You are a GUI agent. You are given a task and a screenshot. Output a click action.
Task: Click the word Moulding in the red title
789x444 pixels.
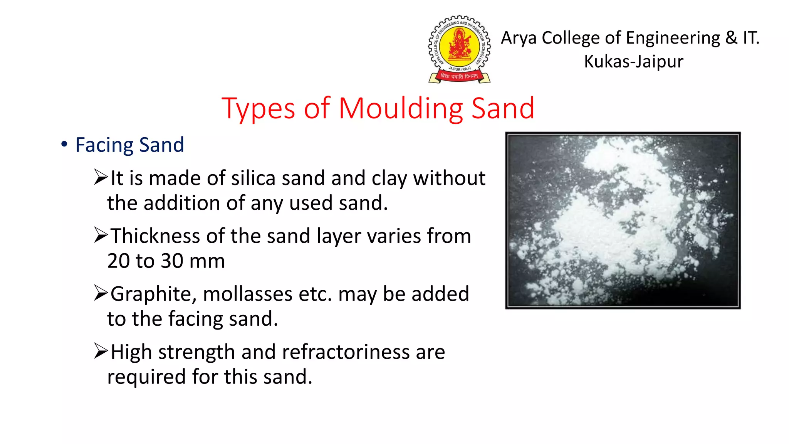(x=401, y=109)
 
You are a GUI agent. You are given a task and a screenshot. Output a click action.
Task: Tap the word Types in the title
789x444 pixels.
(x=258, y=109)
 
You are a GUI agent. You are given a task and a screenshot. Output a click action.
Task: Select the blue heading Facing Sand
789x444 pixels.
(x=129, y=145)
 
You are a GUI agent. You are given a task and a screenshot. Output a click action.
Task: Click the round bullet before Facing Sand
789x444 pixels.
(x=64, y=145)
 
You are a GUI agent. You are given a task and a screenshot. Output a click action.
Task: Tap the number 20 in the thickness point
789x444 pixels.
(x=118, y=261)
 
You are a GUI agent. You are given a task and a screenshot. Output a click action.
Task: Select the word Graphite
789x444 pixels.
(x=153, y=294)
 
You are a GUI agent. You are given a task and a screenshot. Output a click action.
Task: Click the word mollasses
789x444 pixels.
(x=248, y=294)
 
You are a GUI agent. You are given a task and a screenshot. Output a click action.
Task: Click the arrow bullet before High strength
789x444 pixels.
(x=101, y=351)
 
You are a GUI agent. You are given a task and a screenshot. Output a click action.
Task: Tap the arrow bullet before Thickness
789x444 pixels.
(x=101, y=235)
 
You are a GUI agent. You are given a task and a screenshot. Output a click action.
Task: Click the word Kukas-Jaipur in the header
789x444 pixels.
(x=633, y=62)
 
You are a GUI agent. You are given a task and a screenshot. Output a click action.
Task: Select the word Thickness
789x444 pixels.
(x=155, y=236)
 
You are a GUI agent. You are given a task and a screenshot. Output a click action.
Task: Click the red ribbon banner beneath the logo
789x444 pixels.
(x=459, y=76)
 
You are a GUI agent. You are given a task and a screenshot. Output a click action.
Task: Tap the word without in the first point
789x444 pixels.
(x=449, y=178)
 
